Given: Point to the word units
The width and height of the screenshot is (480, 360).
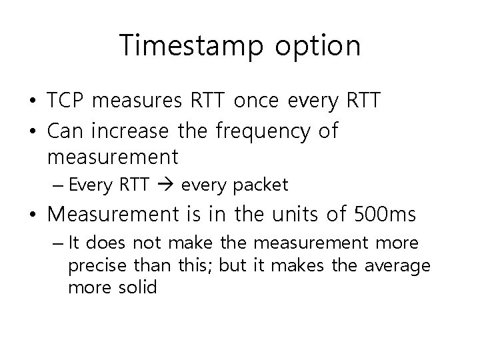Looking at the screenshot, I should tap(305, 215).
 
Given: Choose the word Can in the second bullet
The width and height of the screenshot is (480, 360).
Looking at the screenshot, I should tap(65, 131).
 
